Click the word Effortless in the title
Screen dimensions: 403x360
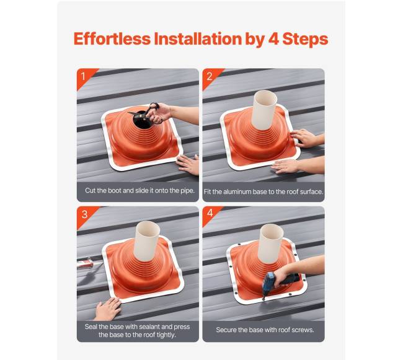tap(112, 39)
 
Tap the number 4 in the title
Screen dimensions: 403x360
tap(273, 39)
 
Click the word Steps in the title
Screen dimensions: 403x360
tap(305, 40)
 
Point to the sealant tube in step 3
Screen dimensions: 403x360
tap(85, 263)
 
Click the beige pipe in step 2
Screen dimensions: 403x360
tap(264, 110)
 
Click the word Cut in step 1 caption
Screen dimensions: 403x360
tap(91, 190)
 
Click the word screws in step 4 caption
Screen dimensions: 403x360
tap(303, 330)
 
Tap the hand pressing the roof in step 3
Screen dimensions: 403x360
tap(107, 309)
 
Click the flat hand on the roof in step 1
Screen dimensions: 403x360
tap(188, 165)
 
